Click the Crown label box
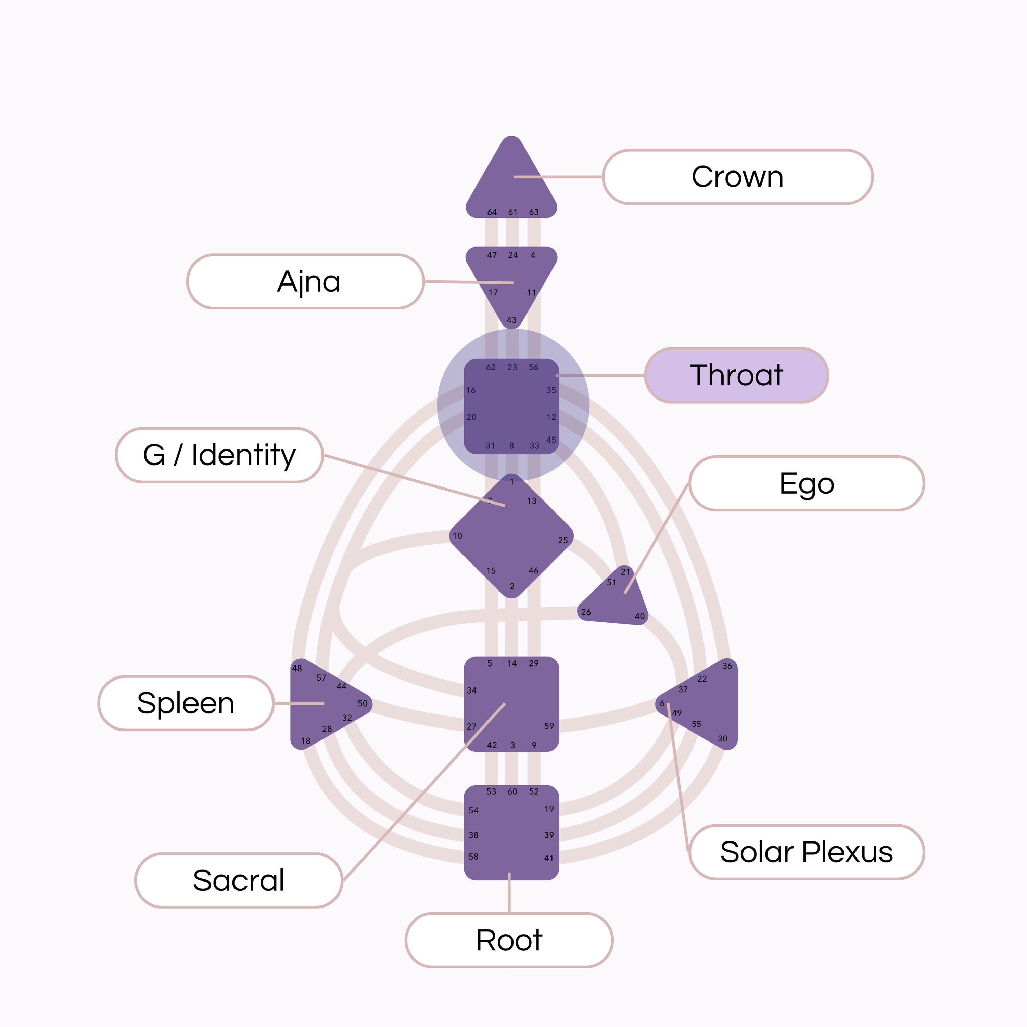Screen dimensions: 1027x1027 737,177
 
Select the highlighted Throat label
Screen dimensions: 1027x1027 736,375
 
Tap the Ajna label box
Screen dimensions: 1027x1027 306,281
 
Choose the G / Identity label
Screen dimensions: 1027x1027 219,455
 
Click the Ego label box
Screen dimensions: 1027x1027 807,483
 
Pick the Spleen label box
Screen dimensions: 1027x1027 186,703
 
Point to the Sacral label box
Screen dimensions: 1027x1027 239,880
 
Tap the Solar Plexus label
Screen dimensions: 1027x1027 807,852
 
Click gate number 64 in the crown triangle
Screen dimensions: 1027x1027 492,212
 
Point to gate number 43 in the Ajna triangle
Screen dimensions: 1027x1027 511,320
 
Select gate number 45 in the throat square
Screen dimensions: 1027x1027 551,440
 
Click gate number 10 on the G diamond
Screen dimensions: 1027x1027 457,536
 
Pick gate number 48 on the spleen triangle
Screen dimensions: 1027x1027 296,668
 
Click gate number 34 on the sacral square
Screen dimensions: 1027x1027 471,690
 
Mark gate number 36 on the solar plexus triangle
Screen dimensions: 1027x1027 727,665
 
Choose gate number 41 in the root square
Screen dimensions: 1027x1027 548,858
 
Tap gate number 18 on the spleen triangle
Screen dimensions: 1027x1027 306,740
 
